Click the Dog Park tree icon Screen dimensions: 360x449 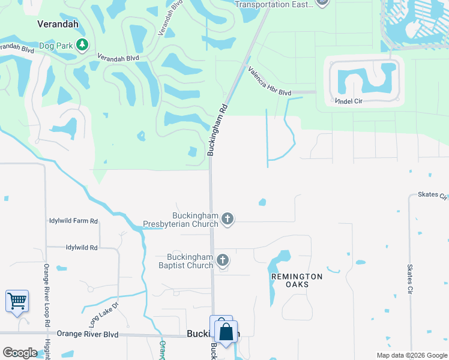point(82,44)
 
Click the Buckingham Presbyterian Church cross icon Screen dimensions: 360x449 point(227,220)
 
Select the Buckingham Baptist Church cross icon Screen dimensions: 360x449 point(222,260)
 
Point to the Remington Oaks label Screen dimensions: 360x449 point(297,280)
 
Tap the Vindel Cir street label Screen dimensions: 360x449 point(349,101)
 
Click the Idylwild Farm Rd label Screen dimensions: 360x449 point(73,221)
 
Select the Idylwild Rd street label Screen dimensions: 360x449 point(82,247)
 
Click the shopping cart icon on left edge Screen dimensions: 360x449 point(17,300)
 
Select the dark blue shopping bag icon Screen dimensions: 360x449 point(226,332)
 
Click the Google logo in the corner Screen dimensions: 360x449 point(20,353)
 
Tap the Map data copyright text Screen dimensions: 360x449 point(411,355)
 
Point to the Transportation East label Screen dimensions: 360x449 point(274,4)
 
